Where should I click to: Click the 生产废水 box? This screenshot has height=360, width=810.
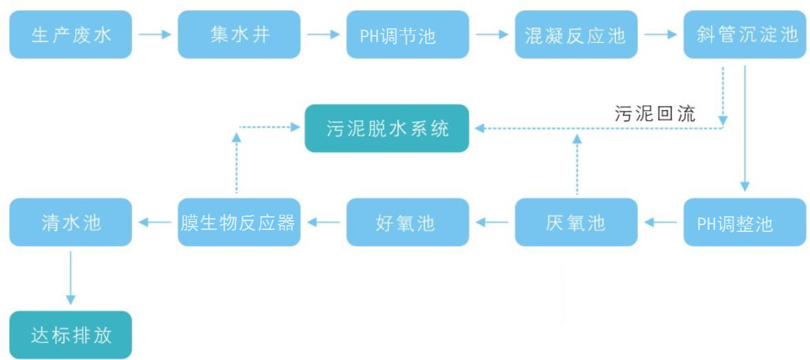[x=70, y=34]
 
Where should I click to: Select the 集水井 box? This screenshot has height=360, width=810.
[x=239, y=34]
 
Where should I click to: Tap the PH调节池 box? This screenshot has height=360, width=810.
[x=407, y=34]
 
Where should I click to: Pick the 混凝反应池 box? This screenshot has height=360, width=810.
[x=576, y=34]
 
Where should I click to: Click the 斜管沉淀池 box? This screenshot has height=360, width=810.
[x=745, y=34]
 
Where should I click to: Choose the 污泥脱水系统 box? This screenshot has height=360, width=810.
[x=387, y=128]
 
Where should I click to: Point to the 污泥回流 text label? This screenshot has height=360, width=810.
[x=654, y=114]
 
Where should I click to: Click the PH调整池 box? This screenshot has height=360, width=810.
[x=745, y=222]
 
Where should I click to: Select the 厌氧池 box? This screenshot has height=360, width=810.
[x=576, y=222]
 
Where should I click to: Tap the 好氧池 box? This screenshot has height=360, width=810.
[x=407, y=222]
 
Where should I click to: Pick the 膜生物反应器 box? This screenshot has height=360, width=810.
[x=239, y=222]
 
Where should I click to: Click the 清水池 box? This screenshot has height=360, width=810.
[x=70, y=222]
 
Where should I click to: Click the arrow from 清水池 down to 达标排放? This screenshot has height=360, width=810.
[x=70, y=277]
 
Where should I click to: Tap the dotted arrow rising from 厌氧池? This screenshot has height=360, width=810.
[x=577, y=165]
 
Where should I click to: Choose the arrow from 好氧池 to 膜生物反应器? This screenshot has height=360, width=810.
[x=323, y=222]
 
